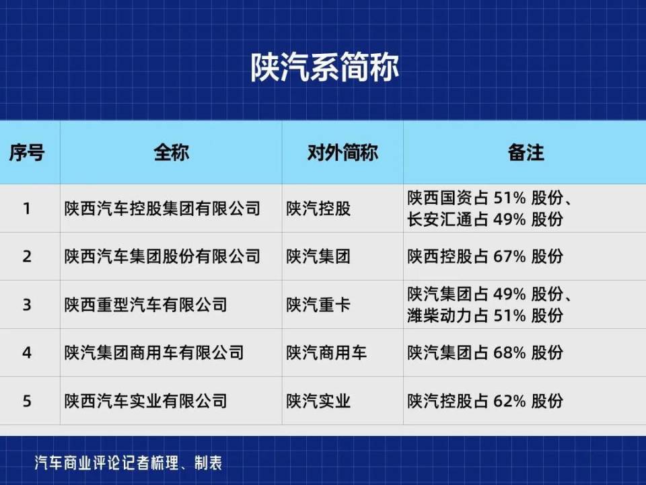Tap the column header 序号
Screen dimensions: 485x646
(x=27, y=153)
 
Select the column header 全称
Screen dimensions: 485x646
(x=171, y=153)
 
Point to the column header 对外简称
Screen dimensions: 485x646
(x=343, y=153)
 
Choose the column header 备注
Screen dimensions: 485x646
(x=525, y=153)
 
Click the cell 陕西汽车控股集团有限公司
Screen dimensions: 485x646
(x=162, y=209)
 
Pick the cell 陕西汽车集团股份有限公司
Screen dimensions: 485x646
(x=162, y=256)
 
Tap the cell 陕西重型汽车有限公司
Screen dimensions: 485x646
(x=146, y=305)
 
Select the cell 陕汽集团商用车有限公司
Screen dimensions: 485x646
(x=154, y=352)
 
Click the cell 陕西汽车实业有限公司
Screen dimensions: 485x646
(x=146, y=402)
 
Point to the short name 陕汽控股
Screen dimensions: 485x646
(x=318, y=209)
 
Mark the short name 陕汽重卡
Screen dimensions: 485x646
(x=318, y=305)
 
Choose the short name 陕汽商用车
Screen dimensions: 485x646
(x=326, y=352)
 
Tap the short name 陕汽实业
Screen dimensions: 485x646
(x=318, y=402)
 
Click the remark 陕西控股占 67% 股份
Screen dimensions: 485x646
(x=485, y=256)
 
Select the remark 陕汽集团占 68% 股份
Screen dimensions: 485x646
(x=485, y=352)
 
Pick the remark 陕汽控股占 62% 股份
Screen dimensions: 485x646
(x=485, y=402)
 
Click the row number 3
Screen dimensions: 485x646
(x=27, y=305)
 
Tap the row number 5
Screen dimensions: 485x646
(x=27, y=402)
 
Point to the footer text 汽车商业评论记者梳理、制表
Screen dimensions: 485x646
(x=129, y=463)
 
